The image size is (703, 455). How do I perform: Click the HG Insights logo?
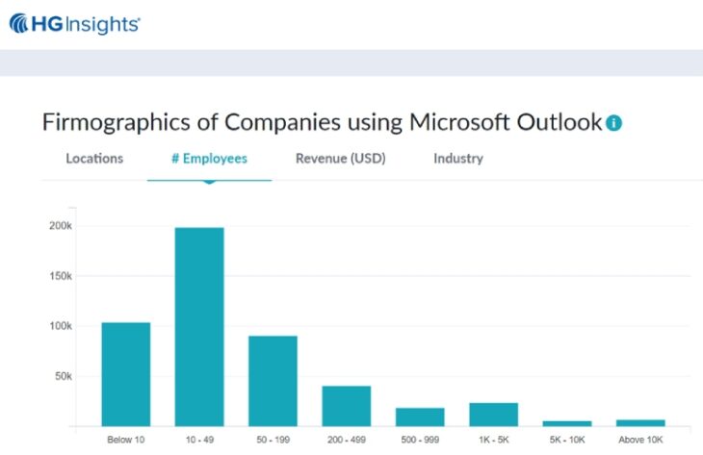point(74,23)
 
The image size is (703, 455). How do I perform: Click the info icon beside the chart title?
point(613,123)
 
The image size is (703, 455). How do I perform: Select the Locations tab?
point(94,159)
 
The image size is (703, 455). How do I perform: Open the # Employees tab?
point(209,159)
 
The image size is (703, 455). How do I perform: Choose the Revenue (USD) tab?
point(340,159)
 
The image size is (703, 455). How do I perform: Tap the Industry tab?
point(458,159)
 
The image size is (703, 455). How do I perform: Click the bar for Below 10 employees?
point(126,374)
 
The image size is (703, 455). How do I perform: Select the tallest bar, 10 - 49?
point(199,327)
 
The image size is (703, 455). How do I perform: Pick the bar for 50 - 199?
point(273,381)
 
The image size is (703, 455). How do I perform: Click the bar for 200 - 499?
point(346,406)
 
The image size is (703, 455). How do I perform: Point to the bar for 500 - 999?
point(420,417)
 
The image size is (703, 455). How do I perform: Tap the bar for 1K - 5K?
point(493,415)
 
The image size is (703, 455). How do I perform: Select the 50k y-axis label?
point(64,376)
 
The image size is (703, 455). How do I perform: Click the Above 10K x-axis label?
point(640,441)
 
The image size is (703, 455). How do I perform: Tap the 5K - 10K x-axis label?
point(566,441)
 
